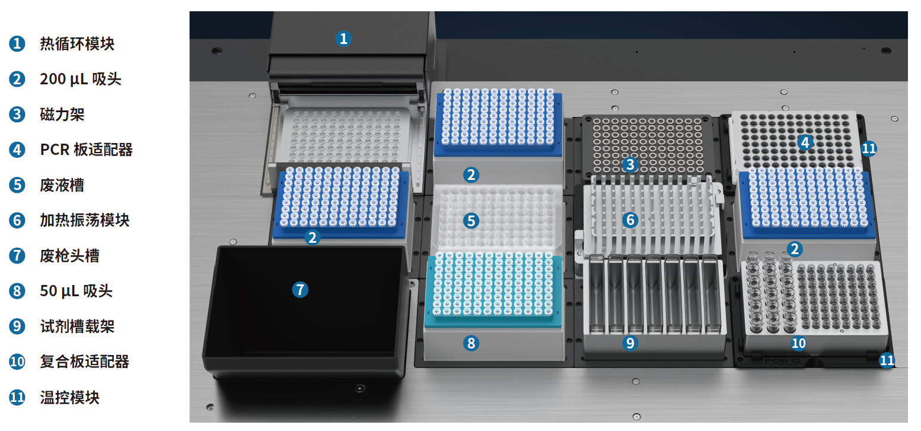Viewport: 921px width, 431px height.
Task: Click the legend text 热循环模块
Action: point(77,44)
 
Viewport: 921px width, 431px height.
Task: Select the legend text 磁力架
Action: point(62,115)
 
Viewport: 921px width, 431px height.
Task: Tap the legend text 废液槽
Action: point(62,185)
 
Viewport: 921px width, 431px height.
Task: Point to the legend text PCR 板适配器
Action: point(87,150)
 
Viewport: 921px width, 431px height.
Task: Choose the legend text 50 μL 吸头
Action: point(76,291)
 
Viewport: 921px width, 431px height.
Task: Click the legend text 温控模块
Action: point(69,398)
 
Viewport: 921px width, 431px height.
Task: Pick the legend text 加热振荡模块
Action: point(84,220)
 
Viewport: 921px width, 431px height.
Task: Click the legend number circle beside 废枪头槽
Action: point(17,256)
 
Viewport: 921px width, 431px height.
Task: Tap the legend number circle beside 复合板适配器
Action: point(17,362)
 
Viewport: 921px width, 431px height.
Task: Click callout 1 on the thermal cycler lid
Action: point(343,39)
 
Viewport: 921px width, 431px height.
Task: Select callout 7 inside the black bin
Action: point(300,290)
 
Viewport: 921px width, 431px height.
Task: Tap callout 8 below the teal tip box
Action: point(471,343)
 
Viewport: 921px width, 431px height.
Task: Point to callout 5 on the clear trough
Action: point(471,221)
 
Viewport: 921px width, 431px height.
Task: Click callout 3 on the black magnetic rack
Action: point(630,165)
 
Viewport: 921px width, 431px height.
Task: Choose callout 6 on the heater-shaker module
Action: point(630,220)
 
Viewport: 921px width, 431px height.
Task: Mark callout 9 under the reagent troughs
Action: point(630,343)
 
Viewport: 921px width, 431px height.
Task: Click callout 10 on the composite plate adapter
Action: point(798,343)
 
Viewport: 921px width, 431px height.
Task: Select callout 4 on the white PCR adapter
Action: point(805,143)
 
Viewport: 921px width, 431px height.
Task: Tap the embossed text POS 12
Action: point(783,361)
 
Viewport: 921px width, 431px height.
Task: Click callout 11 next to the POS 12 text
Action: point(887,360)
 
